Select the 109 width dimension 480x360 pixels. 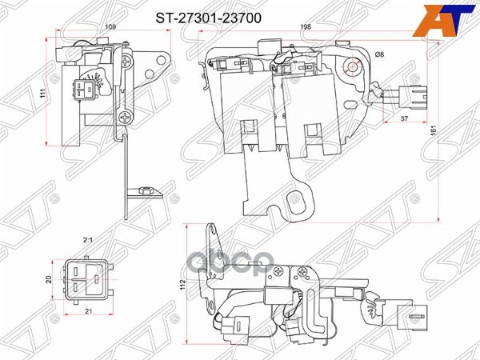point(110,29)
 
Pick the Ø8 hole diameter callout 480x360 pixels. point(378,54)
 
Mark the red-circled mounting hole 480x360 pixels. point(352,66)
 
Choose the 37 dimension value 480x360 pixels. point(406,118)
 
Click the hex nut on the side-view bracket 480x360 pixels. point(142,191)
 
